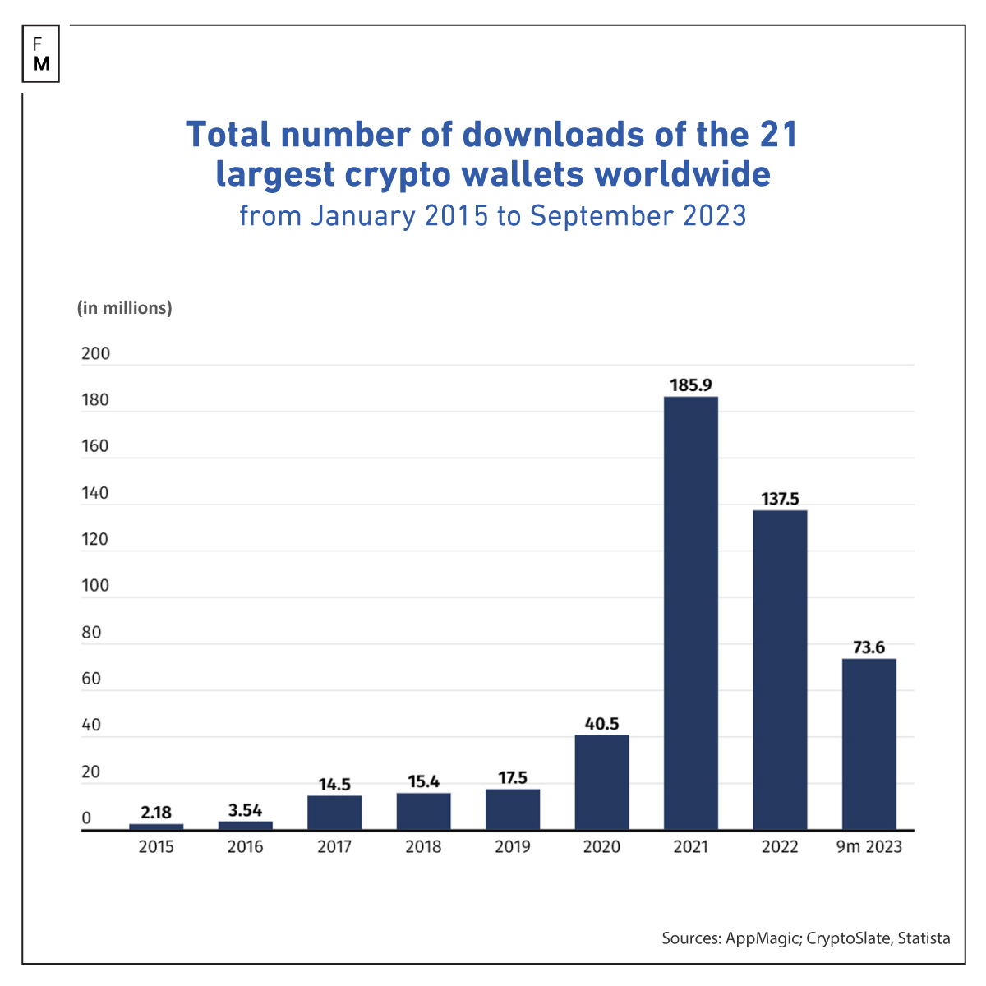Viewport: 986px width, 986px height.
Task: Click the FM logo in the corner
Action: (41, 53)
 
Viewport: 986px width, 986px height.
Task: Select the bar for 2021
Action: (690, 612)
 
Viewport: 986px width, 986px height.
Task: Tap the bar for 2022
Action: (780, 670)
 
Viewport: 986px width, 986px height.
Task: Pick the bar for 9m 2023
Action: (869, 744)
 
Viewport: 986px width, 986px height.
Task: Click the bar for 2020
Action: (601, 781)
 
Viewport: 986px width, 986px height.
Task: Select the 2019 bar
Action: (513, 809)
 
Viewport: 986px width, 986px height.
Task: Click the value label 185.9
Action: (690, 385)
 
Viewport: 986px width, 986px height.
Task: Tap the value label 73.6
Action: (869, 647)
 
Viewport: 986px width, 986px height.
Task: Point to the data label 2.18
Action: (156, 813)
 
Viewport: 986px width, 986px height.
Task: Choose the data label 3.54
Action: (245, 810)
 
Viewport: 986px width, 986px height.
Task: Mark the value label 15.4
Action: (423, 781)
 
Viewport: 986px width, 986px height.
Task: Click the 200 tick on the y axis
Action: (95, 354)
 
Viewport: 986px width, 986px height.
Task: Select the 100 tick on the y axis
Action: (95, 586)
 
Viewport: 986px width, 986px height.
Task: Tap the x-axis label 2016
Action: (245, 847)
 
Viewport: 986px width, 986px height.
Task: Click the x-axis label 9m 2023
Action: (869, 847)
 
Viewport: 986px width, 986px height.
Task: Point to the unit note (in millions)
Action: (125, 308)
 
